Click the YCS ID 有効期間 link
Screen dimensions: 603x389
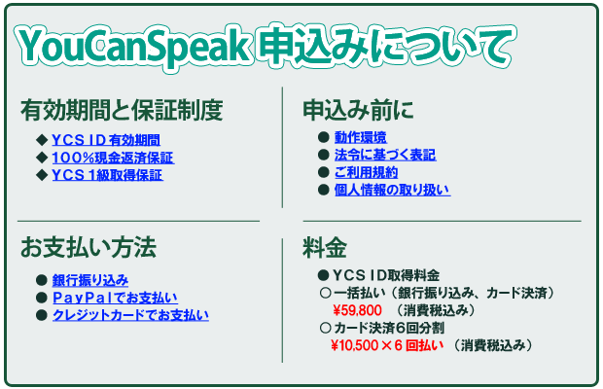106,140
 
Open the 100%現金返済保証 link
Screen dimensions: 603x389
113,158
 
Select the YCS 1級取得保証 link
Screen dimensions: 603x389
107,175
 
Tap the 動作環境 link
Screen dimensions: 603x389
361,137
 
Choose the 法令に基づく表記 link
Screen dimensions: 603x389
385,155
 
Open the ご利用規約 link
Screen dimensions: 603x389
366,172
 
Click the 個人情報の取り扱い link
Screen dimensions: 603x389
392,190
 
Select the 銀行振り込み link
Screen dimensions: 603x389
90,280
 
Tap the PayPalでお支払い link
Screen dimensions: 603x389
115,298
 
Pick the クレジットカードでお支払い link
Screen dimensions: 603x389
130,315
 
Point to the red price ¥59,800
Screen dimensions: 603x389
357,310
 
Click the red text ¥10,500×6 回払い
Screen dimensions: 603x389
387,345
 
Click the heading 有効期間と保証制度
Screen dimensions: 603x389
122,110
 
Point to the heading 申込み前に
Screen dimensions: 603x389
358,110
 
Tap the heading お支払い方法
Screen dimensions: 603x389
89,247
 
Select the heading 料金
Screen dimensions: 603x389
325,248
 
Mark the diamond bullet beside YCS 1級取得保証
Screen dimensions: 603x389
42,175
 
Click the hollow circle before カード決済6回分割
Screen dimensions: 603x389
325,328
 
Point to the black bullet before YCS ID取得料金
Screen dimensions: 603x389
324,275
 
